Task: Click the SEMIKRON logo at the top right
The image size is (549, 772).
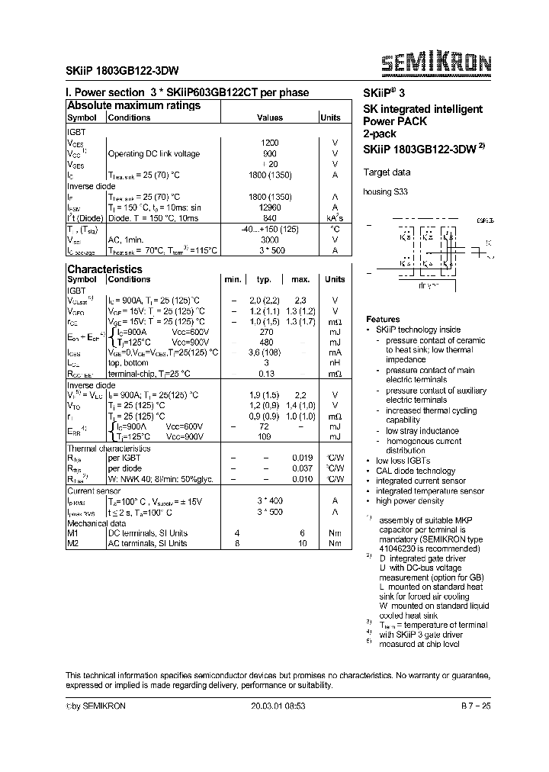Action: click(x=436, y=63)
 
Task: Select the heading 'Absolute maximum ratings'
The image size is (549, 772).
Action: click(x=133, y=105)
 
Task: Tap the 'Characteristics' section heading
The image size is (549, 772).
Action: click(x=104, y=269)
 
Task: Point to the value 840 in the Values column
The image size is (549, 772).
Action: click(x=270, y=217)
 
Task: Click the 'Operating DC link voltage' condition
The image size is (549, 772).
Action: click(x=153, y=153)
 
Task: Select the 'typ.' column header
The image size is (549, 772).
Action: click(x=264, y=280)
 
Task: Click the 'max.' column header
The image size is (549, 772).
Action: click(x=300, y=280)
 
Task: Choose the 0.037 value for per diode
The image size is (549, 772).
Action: click(x=302, y=469)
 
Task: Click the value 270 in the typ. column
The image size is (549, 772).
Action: click(x=266, y=333)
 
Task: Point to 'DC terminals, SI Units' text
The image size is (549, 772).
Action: click(x=147, y=533)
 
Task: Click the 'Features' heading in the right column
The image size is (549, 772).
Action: click(x=383, y=319)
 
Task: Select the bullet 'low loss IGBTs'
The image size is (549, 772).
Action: click(x=403, y=461)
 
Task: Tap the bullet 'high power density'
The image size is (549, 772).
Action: click(x=409, y=501)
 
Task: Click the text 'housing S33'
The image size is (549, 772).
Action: click(x=385, y=192)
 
